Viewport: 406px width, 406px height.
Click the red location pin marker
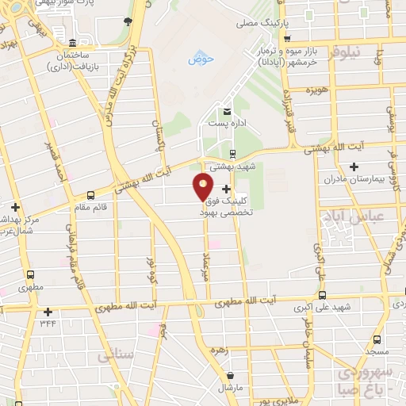(203, 188)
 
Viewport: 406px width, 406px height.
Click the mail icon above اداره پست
(228, 111)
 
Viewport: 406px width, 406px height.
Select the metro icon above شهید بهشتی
(232, 154)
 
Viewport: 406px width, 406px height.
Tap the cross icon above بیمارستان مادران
(354, 167)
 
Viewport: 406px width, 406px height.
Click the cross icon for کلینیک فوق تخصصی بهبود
(228, 189)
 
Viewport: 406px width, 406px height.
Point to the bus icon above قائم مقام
(91, 195)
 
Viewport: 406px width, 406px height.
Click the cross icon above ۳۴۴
(48, 312)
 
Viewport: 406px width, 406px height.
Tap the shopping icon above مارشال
(229, 376)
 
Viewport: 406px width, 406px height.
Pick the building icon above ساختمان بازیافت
(72, 42)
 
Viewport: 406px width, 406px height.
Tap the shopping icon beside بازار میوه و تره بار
(288, 38)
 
